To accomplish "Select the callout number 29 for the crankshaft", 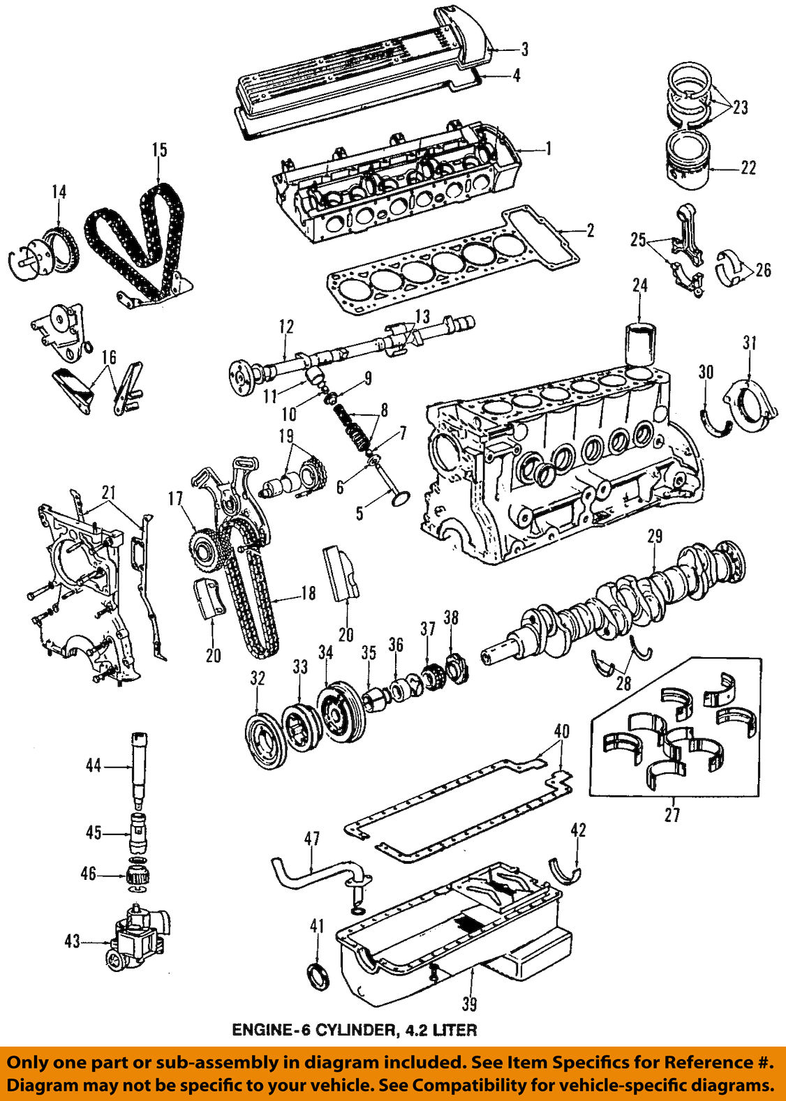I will tap(654, 536).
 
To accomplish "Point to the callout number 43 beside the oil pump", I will tap(73, 941).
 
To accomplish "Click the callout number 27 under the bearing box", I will tap(672, 814).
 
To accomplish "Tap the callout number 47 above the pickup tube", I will tap(311, 838).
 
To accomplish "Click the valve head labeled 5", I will tap(400, 498).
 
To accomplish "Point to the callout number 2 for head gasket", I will tap(590, 230).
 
